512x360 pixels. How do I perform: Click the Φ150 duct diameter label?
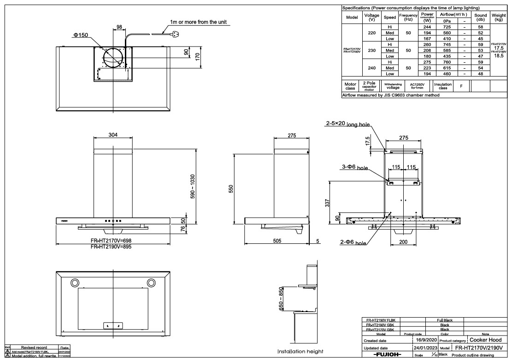tap(80, 35)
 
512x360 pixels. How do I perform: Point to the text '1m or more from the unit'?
tap(198, 22)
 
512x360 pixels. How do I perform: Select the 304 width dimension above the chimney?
tap(113, 135)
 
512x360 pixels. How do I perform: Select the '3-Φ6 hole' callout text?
tap(355, 168)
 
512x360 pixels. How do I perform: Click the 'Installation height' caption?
tap(300, 351)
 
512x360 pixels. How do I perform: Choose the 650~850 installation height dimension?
tap(281, 300)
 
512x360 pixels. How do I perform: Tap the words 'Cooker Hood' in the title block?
tap(486, 340)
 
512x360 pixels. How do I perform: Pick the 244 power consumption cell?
tap(427, 27)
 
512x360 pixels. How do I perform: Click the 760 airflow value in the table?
tap(446, 62)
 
